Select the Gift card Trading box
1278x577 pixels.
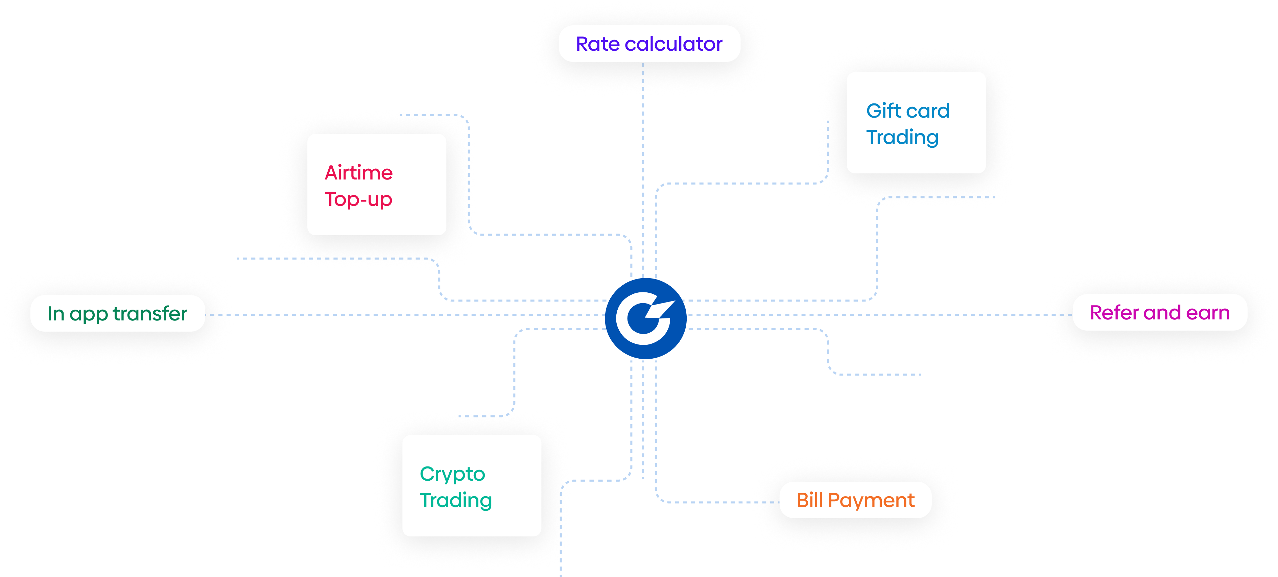pyautogui.click(x=916, y=123)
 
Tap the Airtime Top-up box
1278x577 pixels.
pyautogui.click(x=377, y=185)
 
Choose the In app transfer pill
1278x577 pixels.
pyautogui.click(x=118, y=314)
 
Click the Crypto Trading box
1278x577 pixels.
pyautogui.click(x=471, y=486)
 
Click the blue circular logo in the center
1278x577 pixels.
pyautogui.click(x=645, y=318)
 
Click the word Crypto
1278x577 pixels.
pyautogui.click(x=452, y=474)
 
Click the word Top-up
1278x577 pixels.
pyautogui.click(x=358, y=199)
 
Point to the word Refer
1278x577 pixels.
pyautogui.click(x=1113, y=313)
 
